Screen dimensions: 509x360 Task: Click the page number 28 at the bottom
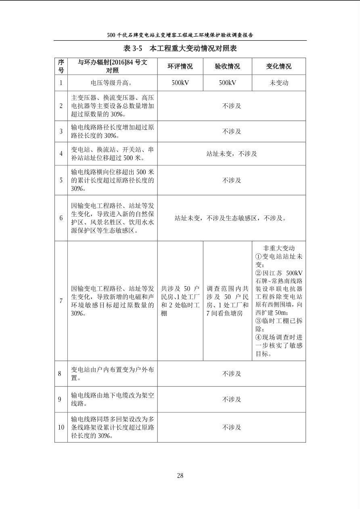[x=180, y=476]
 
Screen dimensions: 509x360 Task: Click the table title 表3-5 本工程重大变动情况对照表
[x=180, y=49]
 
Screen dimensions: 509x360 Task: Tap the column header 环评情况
[x=180, y=67]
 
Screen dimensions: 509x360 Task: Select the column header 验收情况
[x=227, y=67]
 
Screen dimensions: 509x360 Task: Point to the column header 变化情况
[x=278, y=67]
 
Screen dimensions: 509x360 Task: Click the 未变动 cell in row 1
[x=278, y=83]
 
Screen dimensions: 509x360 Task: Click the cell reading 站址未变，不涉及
[x=231, y=154]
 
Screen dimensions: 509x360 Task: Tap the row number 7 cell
[x=61, y=301]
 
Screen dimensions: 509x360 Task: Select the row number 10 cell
[x=61, y=427]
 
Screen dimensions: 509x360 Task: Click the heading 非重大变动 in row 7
[x=278, y=248]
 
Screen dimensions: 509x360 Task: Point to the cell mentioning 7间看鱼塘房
[x=227, y=301]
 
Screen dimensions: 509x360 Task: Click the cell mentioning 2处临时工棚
[x=180, y=301]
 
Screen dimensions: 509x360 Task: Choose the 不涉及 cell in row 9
[x=231, y=399]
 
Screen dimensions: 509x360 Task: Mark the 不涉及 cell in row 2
[x=231, y=106]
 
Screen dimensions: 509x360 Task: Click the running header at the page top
[x=180, y=35]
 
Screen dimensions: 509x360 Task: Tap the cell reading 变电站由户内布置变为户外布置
[x=112, y=374]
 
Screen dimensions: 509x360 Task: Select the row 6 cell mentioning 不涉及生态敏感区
[x=231, y=218]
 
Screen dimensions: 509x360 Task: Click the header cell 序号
[x=61, y=66]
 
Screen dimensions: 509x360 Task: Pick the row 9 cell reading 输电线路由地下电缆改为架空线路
[x=112, y=399]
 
